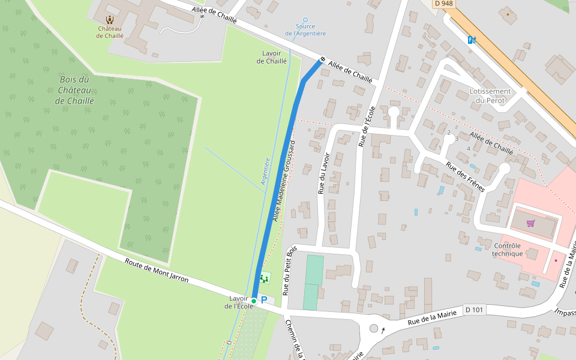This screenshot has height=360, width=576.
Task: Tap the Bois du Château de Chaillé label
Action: [74, 90]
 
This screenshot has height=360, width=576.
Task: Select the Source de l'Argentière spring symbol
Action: [305, 20]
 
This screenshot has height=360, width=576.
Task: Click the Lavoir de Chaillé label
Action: [272, 57]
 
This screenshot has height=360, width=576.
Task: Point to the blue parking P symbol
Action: [263, 299]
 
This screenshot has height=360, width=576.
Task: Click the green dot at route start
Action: [254, 301]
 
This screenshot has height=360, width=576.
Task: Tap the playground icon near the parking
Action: [264, 279]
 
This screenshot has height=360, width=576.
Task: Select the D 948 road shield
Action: [443, 4]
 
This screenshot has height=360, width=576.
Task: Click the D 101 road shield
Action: [474, 310]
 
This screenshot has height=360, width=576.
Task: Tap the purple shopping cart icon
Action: [530, 223]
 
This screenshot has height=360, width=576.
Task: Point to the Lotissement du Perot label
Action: [490, 95]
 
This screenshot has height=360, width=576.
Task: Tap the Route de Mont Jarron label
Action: [157, 271]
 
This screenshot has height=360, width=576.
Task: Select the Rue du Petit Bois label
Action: [289, 270]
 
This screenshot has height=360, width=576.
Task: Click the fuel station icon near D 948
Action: [472, 40]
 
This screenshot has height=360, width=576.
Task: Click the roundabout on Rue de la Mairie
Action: [374, 328]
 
